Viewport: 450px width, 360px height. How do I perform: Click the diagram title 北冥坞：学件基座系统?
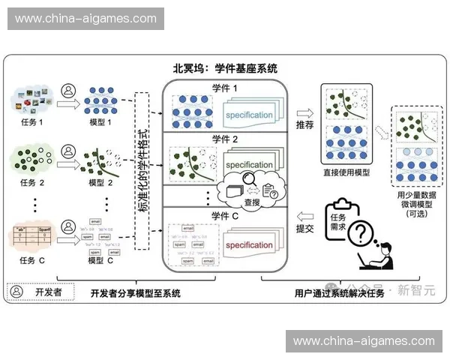point(225,68)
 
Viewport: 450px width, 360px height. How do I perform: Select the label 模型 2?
point(100,182)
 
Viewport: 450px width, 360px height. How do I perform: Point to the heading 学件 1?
point(224,88)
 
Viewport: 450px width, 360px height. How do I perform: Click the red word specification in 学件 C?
point(249,245)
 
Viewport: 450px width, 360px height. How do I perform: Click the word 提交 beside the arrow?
point(304,228)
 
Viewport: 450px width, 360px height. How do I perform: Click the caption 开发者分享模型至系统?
point(135,293)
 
